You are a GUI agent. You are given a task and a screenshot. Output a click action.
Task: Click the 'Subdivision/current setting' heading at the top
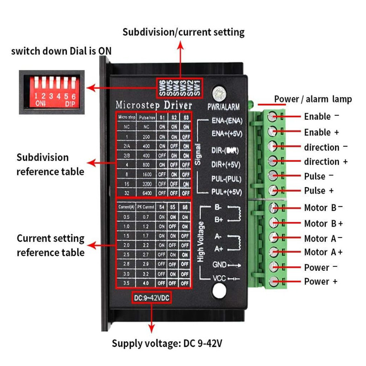point(183,32)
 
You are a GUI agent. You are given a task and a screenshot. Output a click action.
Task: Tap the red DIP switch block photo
point(51,91)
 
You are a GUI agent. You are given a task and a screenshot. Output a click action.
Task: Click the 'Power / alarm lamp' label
point(313,99)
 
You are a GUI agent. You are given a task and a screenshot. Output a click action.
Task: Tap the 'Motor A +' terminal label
point(323,252)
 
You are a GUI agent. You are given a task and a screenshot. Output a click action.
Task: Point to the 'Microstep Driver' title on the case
point(153,104)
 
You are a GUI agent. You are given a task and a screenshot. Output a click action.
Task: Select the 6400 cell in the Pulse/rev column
point(146,193)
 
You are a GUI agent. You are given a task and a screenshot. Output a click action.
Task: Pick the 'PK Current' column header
point(146,207)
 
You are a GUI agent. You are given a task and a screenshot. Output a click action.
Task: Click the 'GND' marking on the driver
point(218,264)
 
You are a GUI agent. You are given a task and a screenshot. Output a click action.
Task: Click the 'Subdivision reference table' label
point(50,164)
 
